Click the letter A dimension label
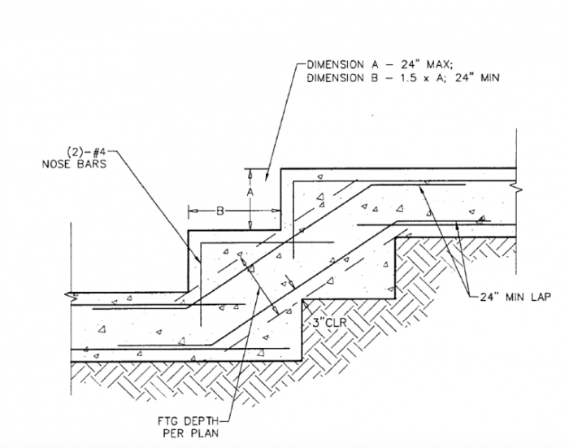[250, 193]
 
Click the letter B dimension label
[219, 211]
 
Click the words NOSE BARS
[72, 162]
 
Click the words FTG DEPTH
[185, 421]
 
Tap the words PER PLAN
[185, 433]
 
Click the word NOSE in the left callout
[55, 162]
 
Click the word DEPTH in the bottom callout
[196, 421]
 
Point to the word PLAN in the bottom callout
[196, 433]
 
